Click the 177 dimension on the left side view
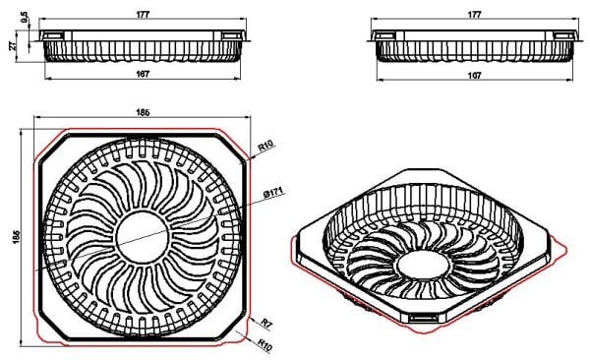(144, 15)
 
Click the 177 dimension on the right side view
(474, 15)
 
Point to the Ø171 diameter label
(274, 193)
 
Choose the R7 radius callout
(263, 321)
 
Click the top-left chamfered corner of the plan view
(52, 147)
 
